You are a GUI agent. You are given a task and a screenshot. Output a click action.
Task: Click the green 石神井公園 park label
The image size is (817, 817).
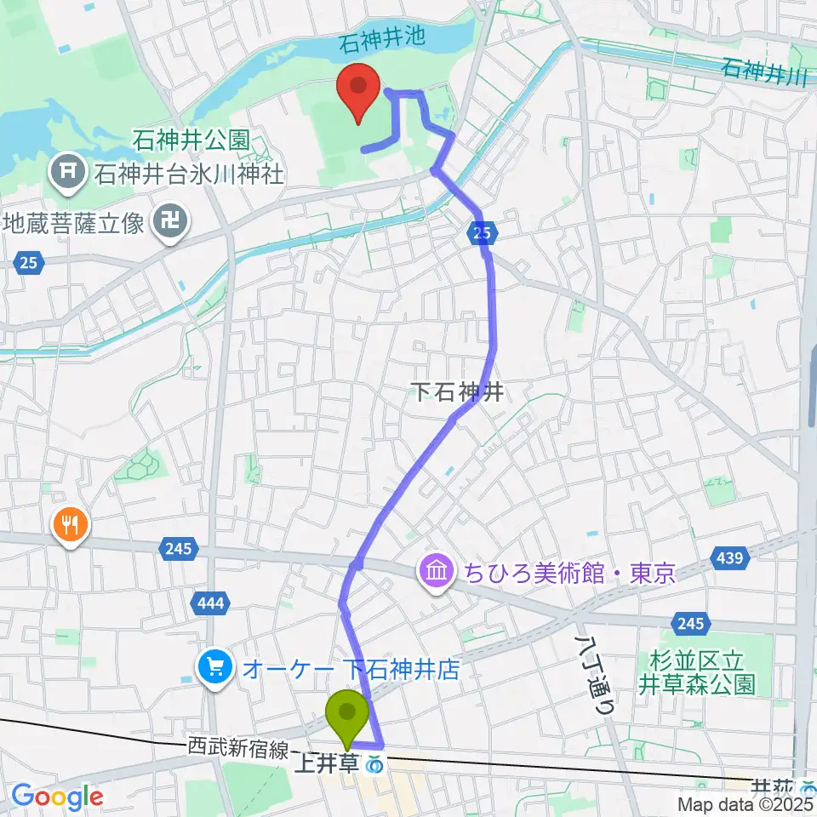point(191,138)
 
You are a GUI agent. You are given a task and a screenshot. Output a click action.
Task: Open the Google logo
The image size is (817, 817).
point(57,797)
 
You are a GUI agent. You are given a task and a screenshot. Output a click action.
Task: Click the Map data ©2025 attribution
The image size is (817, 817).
point(745,803)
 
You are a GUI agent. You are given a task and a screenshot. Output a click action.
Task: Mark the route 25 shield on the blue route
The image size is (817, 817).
point(482,231)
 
